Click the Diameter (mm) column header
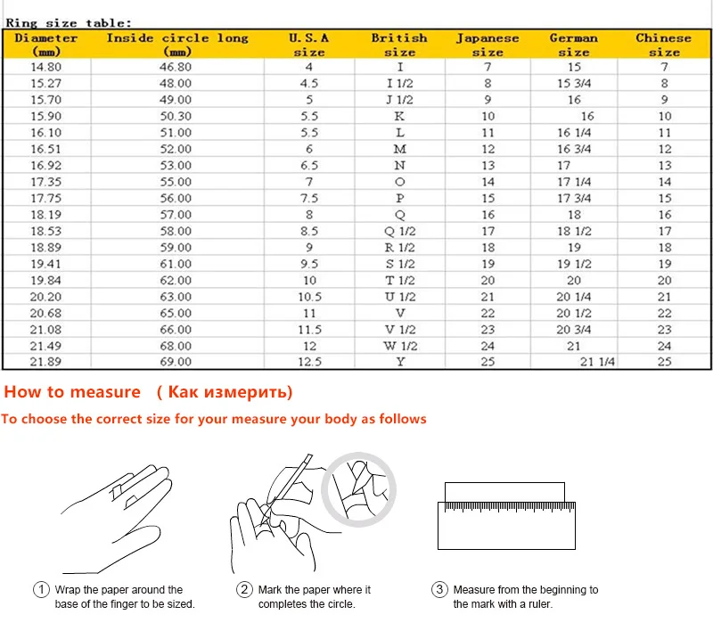tap(46, 45)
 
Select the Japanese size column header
tap(488, 45)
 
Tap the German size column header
tap(573, 45)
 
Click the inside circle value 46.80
tap(176, 67)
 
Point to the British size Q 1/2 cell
tap(399, 231)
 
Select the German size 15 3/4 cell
tap(574, 84)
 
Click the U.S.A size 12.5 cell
tap(308, 362)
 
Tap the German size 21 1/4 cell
tap(598, 362)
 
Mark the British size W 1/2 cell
tap(399, 346)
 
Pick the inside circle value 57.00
tap(176, 215)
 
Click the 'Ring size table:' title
tap(69, 23)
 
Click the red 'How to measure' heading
tap(72, 392)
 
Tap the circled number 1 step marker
tap(42, 590)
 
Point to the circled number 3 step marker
tap(439, 590)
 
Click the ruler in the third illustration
tap(505, 525)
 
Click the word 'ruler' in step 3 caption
tap(540, 604)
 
